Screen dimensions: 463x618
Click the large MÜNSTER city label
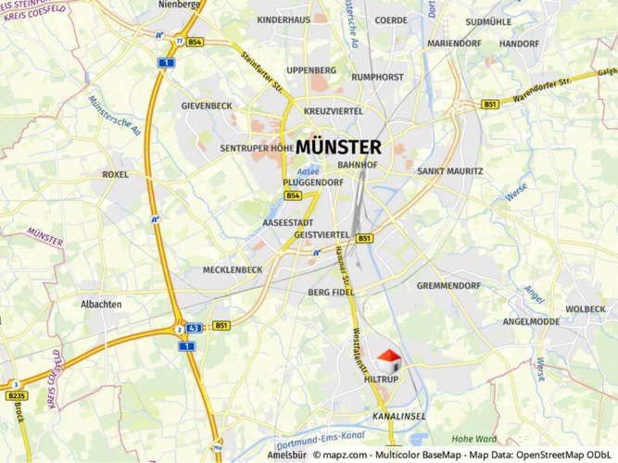(x=339, y=146)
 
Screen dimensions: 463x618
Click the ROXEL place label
(x=116, y=174)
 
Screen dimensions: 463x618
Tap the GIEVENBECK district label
(x=207, y=106)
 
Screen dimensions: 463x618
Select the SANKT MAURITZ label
(x=450, y=171)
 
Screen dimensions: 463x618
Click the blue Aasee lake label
(x=308, y=172)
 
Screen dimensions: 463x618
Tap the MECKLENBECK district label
(x=232, y=270)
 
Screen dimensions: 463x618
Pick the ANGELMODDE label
(x=531, y=322)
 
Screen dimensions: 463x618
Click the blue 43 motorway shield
(x=195, y=328)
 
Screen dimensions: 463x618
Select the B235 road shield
(x=17, y=395)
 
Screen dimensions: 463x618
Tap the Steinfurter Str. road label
(x=261, y=72)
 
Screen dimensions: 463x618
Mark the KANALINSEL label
(x=399, y=417)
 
